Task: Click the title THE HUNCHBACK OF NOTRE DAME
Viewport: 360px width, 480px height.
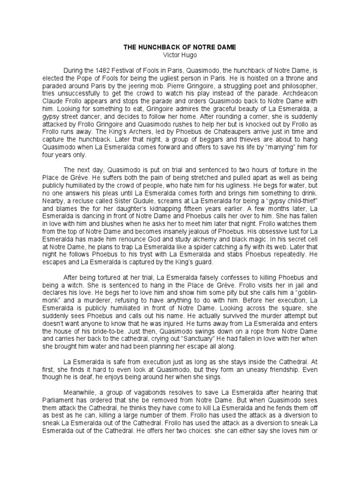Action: [x=180, y=47]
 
